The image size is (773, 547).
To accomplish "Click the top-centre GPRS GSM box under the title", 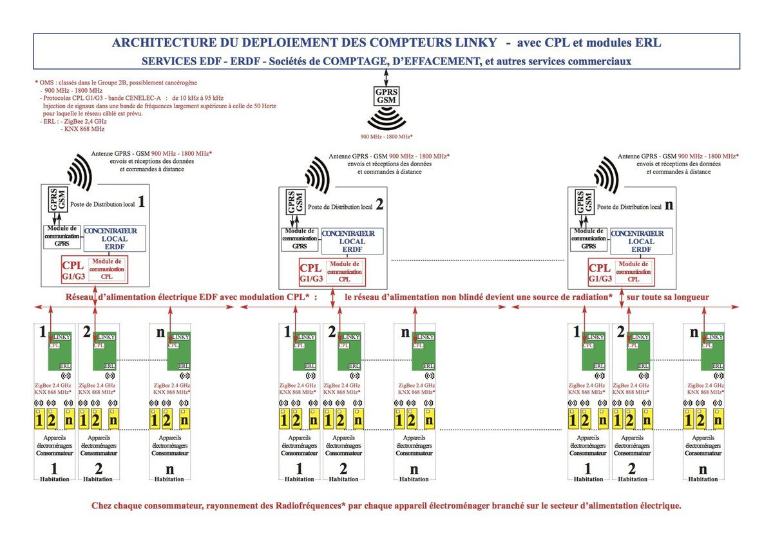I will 386,97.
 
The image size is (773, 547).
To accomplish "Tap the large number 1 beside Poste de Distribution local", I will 140,202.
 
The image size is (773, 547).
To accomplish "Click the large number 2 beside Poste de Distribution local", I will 379,206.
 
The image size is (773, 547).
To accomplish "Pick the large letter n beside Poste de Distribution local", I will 669,206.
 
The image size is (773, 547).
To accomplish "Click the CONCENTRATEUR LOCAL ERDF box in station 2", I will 352,241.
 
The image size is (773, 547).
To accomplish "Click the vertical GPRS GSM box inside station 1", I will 57,199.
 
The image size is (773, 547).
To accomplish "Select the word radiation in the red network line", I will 587,298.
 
